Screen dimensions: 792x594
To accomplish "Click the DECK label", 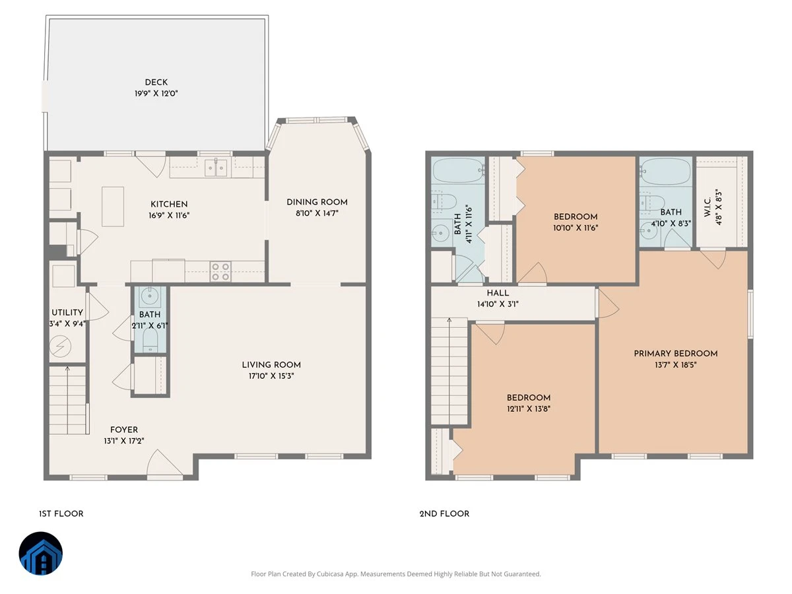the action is [156, 82].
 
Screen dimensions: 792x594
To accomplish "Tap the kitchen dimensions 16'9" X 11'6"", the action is [169, 215].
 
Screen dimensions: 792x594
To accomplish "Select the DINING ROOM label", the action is [317, 202].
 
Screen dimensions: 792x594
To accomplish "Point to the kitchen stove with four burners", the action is [220, 271].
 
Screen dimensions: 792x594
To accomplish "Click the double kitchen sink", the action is [216, 168].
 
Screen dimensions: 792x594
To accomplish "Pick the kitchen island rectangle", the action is [113, 207].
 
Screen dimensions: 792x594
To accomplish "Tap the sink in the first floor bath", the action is [149, 296].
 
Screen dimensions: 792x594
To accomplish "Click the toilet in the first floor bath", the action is [150, 340].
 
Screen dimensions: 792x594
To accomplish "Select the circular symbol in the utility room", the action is [60, 347].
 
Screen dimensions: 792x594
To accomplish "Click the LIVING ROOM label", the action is [271, 364].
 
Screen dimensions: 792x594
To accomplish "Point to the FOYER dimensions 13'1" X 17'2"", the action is [124, 441].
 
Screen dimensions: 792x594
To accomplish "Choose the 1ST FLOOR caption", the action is [61, 513].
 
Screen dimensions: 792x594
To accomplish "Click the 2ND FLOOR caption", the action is [444, 513].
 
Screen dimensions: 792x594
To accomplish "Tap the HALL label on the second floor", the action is [498, 293].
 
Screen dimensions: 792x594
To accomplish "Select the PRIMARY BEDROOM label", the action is [675, 354].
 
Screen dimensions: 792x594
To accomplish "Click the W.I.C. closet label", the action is [708, 207].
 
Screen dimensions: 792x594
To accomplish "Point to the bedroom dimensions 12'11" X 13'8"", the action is [529, 409].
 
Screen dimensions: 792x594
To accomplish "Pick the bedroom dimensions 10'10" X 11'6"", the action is [576, 228].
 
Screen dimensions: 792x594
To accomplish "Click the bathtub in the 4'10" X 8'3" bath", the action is [666, 172].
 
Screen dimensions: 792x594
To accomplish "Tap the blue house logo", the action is [41, 553].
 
